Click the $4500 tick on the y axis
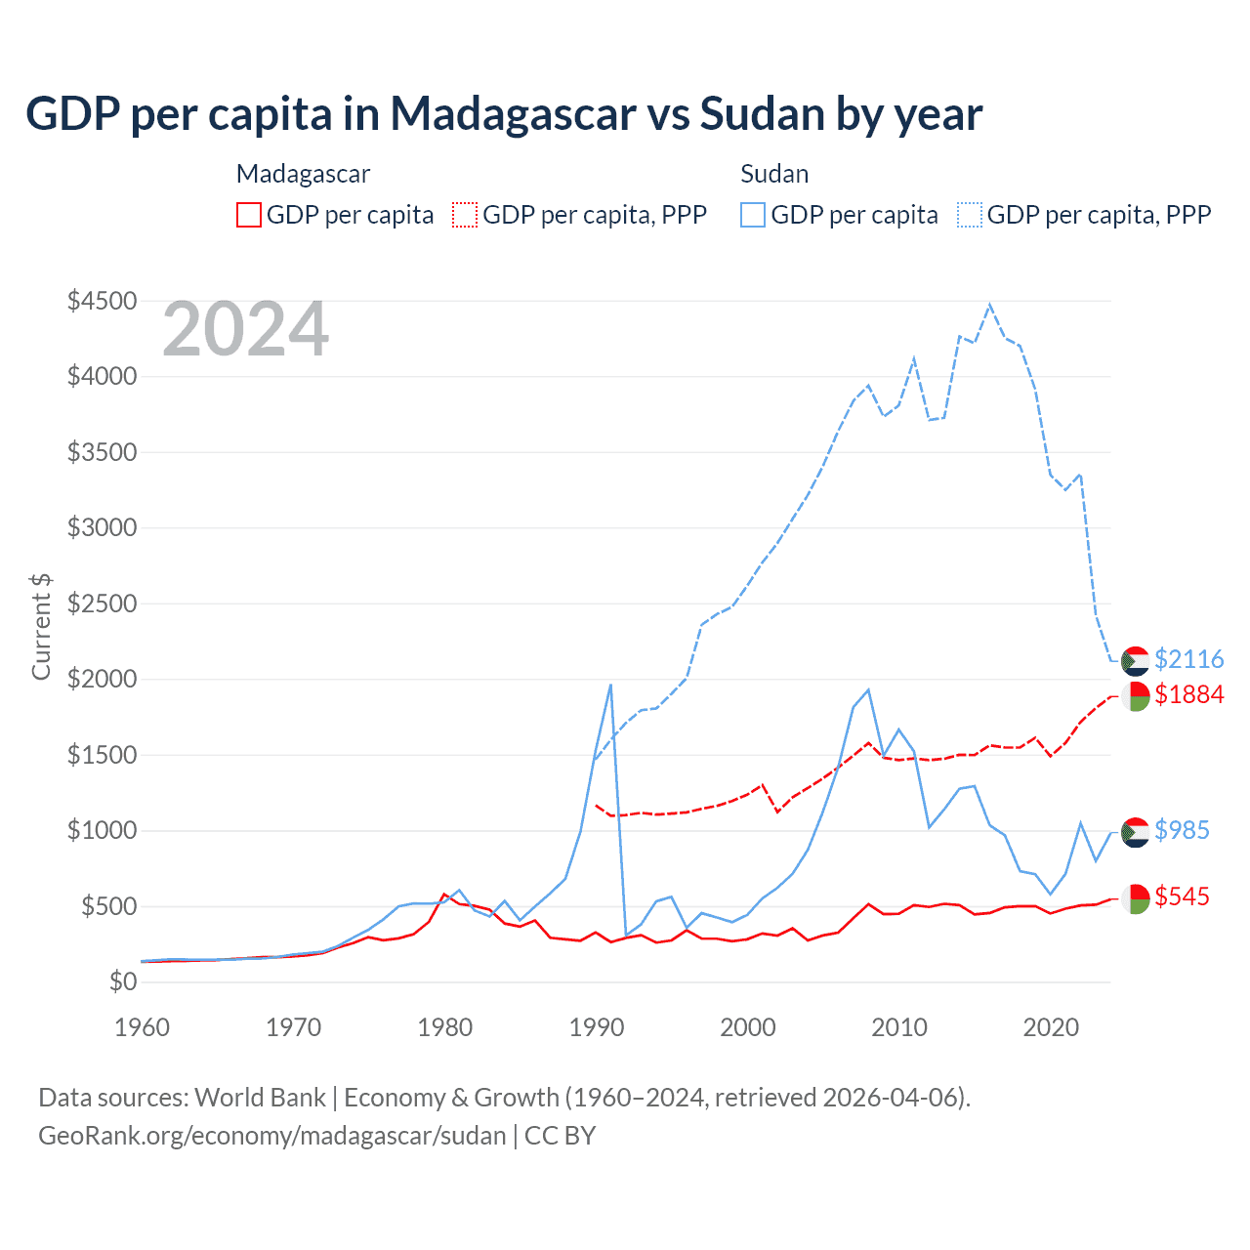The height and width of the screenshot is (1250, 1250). pyautogui.click(x=102, y=301)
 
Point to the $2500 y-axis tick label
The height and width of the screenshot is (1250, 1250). pyautogui.click(x=102, y=604)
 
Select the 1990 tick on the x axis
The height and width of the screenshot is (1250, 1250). pyautogui.click(x=597, y=1027)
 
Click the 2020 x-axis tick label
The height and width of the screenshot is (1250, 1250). pyautogui.click(x=1051, y=1027)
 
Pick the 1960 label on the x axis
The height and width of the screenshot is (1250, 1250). pyautogui.click(x=143, y=1027)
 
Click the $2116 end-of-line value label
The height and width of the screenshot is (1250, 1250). pyautogui.click(x=1188, y=659)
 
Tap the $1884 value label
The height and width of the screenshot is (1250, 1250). pyautogui.click(x=1188, y=694)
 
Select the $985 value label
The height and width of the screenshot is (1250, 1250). pyautogui.click(x=1182, y=830)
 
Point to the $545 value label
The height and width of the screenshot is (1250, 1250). pyautogui.click(x=1182, y=896)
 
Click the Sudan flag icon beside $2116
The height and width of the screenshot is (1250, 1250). pyautogui.click(x=1135, y=661)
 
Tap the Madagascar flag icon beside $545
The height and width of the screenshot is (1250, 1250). pyautogui.click(x=1135, y=898)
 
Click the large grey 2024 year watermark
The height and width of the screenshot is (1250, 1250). pyautogui.click(x=246, y=330)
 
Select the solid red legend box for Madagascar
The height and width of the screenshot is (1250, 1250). pyautogui.click(x=249, y=215)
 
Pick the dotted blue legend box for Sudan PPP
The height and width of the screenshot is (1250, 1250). pyautogui.click(x=970, y=215)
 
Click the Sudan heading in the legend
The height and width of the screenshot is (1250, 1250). pyautogui.click(x=774, y=174)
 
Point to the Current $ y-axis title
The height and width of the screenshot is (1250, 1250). pyautogui.click(x=41, y=627)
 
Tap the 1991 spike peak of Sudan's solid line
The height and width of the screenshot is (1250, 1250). pyautogui.click(x=610, y=685)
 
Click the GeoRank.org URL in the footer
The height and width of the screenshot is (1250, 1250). pyautogui.click(x=272, y=1136)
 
